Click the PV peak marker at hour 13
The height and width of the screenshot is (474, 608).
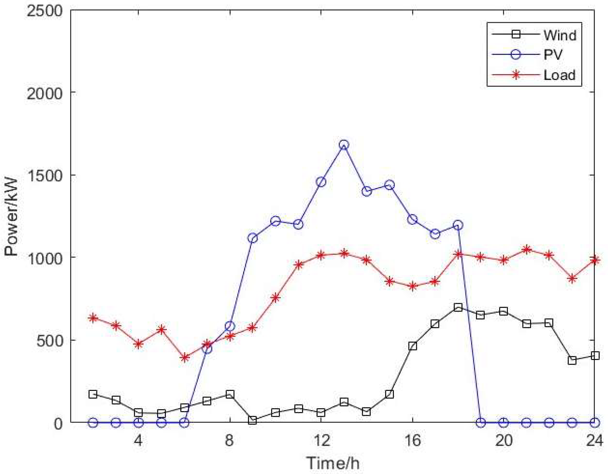[x=344, y=145]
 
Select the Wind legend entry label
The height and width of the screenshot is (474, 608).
[x=559, y=35]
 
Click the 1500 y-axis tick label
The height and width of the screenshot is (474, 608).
[x=44, y=175]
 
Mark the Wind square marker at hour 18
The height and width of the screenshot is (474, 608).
[x=458, y=307]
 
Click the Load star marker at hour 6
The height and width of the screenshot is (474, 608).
[x=184, y=357]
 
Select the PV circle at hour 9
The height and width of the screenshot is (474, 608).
[x=253, y=238]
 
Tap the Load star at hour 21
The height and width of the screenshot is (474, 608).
[x=526, y=250]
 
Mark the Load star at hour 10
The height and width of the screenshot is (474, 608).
[x=275, y=298]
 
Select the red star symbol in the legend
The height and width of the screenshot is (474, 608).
[x=516, y=75]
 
